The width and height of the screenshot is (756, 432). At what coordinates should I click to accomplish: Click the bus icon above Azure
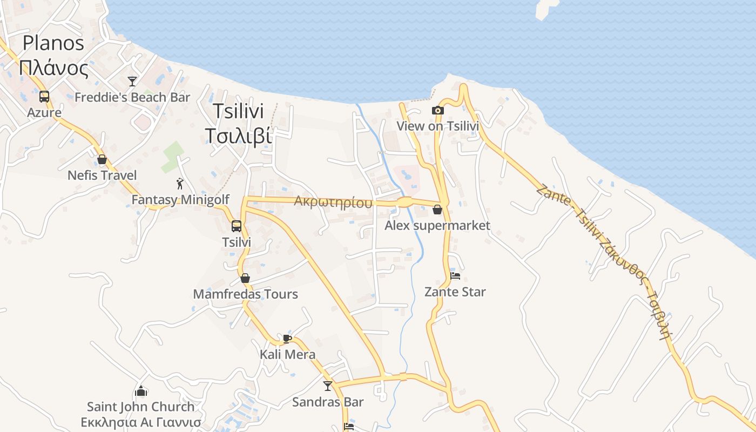point(44,97)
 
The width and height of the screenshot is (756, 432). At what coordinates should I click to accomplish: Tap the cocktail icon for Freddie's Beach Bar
point(132,82)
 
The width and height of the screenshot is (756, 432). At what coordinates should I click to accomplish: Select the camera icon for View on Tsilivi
point(438,110)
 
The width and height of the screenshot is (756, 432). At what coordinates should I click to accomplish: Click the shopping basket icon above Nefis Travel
point(102,159)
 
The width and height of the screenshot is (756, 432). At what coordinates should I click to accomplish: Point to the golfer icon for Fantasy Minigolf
point(180,184)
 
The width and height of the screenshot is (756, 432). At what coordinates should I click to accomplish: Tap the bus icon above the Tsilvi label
point(237,226)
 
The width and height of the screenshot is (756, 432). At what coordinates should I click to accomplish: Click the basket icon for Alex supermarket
point(437,210)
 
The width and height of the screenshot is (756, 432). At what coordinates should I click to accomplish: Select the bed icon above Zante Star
point(455,276)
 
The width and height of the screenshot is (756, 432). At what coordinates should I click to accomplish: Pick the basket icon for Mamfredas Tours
point(245,278)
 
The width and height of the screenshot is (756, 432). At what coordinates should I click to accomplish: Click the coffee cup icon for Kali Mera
point(287,339)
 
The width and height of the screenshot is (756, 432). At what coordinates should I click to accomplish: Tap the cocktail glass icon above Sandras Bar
point(328,386)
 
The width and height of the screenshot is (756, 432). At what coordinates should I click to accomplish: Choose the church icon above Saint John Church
point(141,390)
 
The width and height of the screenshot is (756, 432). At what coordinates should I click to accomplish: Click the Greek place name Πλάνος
point(53,69)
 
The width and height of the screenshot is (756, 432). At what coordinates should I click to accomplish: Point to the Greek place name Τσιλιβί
point(238,136)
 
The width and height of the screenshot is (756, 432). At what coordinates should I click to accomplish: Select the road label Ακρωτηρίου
point(333,202)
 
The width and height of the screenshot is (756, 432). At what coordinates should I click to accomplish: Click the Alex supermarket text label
point(437,225)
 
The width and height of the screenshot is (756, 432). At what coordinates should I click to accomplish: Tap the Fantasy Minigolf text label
point(180,200)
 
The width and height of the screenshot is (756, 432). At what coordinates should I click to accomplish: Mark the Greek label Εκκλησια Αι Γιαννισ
point(141,422)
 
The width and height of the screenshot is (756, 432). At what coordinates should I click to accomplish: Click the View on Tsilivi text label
point(438,126)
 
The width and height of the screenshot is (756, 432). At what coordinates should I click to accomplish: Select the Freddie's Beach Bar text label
point(132,97)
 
